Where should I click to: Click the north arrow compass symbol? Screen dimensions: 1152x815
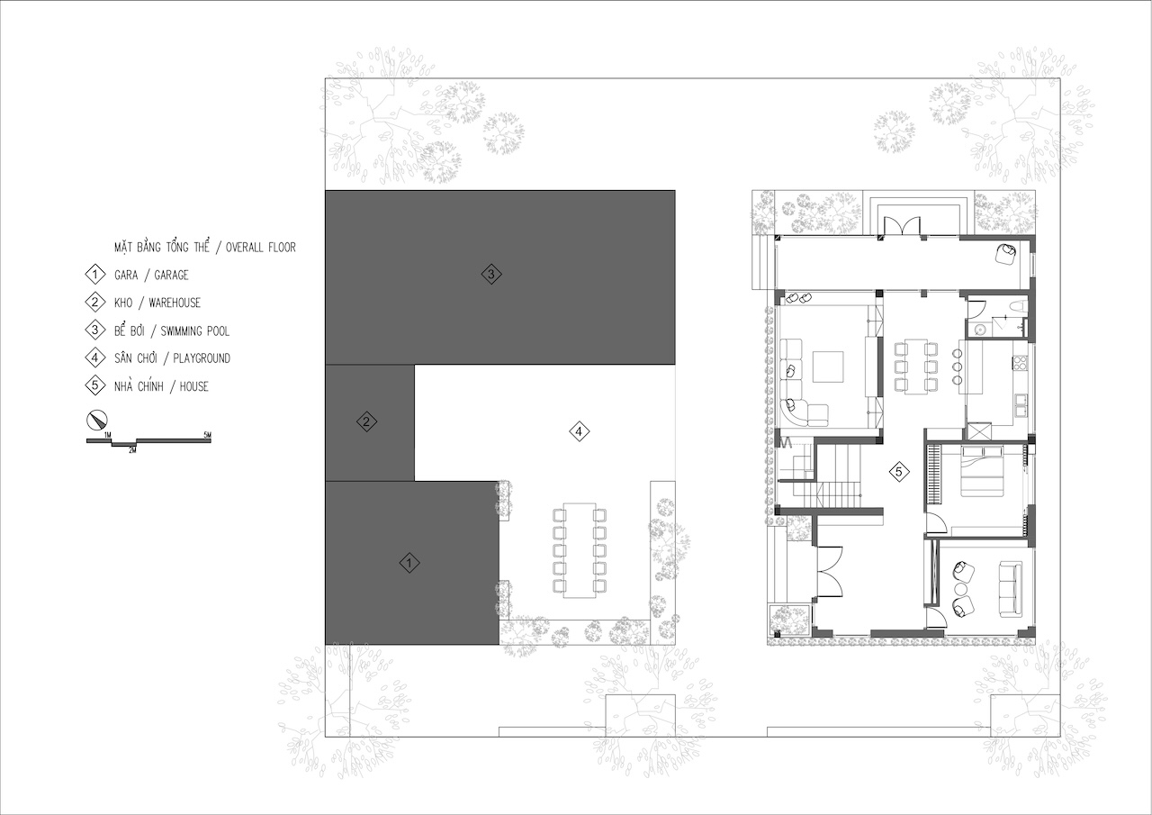(x=96, y=420)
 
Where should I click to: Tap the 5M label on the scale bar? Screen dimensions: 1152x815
(x=207, y=435)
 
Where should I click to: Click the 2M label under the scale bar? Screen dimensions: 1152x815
(x=132, y=450)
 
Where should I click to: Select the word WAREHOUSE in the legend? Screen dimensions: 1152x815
(x=175, y=303)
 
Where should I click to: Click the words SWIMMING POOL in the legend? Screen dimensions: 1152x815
(x=195, y=331)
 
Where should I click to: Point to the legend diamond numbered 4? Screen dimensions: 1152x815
(x=94, y=358)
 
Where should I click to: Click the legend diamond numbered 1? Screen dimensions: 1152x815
(x=94, y=275)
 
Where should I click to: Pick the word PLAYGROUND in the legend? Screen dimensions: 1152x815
(x=202, y=358)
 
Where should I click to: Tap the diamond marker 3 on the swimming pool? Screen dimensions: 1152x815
(x=491, y=274)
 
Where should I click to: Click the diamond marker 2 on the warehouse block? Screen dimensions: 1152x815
(x=366, y=421)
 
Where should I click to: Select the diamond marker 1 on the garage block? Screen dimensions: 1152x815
(x=409, y=562)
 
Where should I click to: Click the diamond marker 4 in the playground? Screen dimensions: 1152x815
(x=579, y=431)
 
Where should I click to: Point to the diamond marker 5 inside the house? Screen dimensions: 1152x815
(x=898, y=471)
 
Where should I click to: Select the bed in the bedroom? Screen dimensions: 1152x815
(x=982, y=471)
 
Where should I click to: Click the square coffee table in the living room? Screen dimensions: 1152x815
(x=827, y=367)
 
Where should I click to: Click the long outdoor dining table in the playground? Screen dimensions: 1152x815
(x=579, y=550)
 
